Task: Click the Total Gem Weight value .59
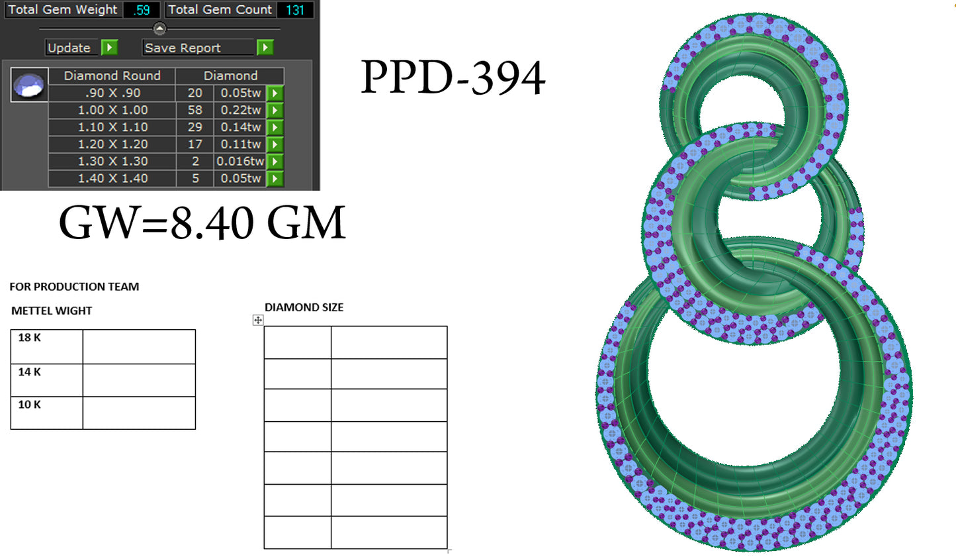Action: click(142, 10)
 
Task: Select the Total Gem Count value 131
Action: click(295, 10)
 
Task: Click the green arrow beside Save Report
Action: click(265, 48)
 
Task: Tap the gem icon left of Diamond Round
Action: click(29, 85)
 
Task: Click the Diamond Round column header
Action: click(112, 76)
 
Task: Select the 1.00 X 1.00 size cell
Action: click(112, 110)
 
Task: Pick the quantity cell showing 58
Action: click(195, 110)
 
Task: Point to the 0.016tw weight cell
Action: click(239, 161)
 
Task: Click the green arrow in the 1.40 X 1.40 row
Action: click(275, 178)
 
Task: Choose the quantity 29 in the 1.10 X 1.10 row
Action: click(195, 127)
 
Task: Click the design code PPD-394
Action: click(453, 78)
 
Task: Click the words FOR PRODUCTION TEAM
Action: click(74, 287)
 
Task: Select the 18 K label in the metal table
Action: click(30, 338)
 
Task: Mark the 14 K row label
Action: click(30, 372)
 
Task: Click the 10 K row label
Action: click(30, 405)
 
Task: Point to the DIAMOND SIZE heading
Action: click(304, 307)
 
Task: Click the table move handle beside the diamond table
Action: click(258, 320)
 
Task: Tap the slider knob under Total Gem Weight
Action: click(159, 28)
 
